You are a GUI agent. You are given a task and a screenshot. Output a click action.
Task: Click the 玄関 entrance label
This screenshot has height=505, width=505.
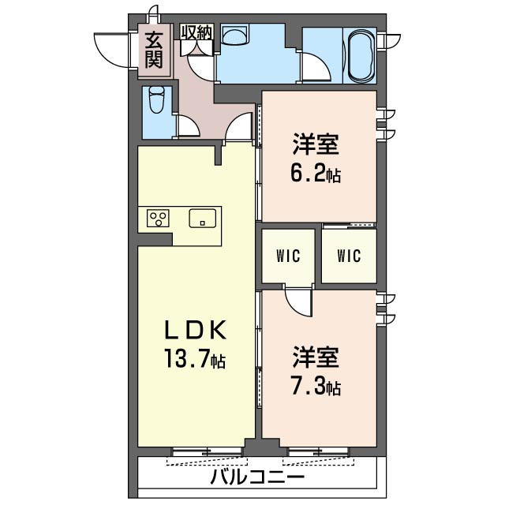click(x=154, y=50)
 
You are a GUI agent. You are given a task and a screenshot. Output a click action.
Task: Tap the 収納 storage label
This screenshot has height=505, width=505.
click(x=196, y=32)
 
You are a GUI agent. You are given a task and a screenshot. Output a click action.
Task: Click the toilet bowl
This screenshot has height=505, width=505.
click(x=157, y=99)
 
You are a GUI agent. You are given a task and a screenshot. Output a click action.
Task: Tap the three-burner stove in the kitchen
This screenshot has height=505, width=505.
click(x=158, y=218)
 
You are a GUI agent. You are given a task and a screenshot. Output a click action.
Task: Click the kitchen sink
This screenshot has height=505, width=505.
click(x=202, y=219)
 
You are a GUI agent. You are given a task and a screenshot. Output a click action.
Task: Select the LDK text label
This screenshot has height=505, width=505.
click(x=195, y=330)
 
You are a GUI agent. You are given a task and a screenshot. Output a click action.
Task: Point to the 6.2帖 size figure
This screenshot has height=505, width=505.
click(x=316, y=174)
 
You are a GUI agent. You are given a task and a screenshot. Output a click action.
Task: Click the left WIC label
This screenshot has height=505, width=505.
click(x=288, y=256)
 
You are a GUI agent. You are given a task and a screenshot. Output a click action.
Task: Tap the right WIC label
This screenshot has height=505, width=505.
click(x=349, y=256)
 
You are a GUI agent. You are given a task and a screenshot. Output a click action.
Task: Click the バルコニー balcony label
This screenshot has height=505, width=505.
click(x=257, y=477)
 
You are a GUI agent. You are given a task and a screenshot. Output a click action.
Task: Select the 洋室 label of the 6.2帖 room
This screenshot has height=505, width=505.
click(x=316, y=145)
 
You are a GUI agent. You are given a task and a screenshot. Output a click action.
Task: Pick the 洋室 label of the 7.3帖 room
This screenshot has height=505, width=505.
click(x=316, y=357)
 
